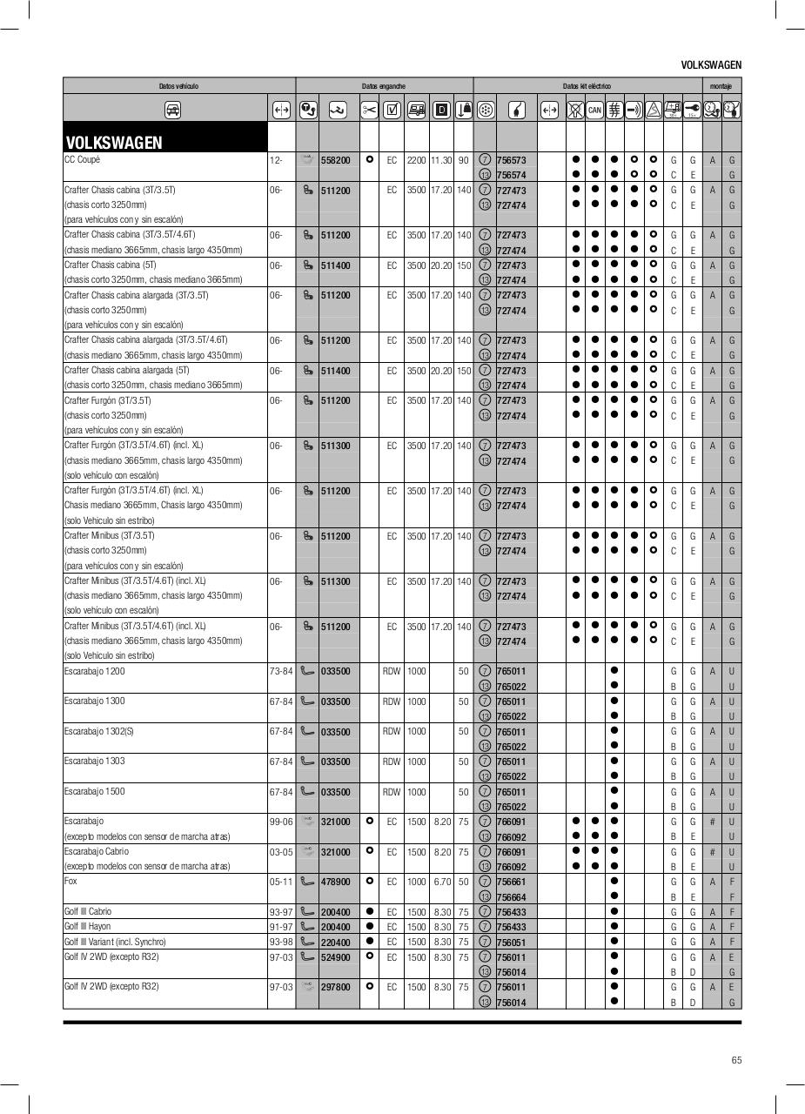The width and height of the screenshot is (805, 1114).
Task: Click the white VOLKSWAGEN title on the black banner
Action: coord(114,143)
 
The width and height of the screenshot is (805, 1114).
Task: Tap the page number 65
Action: coord(736,1060)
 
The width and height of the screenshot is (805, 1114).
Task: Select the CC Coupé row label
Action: coord(82,160)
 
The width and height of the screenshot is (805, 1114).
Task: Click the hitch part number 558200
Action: coord(335,161)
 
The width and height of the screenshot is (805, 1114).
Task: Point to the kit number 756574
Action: coord(511,176)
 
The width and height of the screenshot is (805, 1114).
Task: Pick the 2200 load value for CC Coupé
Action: coord(416,161)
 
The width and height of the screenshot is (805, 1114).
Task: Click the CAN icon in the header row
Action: coord(594,111)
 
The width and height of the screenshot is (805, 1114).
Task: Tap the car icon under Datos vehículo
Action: coord(172,111)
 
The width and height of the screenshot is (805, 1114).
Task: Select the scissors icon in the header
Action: coord(369,111)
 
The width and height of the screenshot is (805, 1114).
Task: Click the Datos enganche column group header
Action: coord(384,86)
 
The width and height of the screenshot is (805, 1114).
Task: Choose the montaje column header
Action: coord(721,86)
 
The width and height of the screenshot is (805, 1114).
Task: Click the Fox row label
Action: coord(71,881)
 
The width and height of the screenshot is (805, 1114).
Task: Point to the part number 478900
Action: coord(335,882)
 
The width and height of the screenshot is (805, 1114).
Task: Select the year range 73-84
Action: coord(281,671)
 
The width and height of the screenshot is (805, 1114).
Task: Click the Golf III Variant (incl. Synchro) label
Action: coord(115,942)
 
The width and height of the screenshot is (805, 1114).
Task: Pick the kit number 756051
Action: coord(511,943)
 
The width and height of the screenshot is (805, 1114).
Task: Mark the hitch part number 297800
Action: coord(335,988)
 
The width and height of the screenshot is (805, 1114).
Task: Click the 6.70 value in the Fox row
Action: coord(442,882)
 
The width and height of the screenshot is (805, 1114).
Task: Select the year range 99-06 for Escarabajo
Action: coord(281,822)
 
